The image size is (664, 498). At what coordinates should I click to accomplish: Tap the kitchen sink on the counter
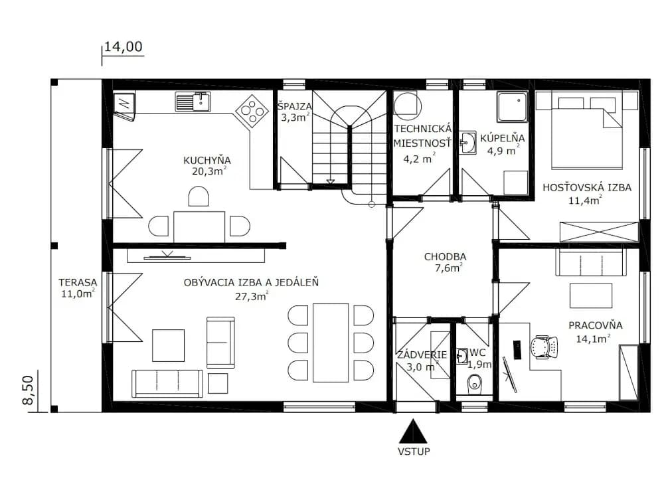pos(193,102)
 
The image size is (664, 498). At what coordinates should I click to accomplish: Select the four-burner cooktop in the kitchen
pos(252,111)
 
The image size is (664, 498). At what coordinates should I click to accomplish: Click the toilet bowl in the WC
pos(474,384)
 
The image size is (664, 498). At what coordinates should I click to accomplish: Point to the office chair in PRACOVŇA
pos(544,347)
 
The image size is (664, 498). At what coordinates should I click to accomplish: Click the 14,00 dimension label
pos(124,46)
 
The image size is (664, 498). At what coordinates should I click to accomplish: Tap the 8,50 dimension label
pos(29,390)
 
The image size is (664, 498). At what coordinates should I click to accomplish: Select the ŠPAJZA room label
pos(295,106)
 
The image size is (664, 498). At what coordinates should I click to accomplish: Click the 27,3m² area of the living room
pos(252,296)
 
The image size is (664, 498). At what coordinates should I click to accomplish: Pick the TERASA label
pos(78,282)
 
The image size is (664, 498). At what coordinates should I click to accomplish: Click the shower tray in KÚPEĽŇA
pos(513,107)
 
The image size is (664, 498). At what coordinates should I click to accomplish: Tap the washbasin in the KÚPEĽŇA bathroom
pos(467,143)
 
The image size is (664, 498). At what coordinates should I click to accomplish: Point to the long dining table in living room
pos(331,343)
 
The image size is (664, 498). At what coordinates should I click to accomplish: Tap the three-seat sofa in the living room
pos(167,384)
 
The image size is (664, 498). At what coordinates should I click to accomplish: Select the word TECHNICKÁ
pos(423,129)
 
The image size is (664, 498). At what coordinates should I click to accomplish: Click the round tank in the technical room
pos(408,104)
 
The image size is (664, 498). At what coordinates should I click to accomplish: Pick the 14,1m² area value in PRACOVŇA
pos(593,339)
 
